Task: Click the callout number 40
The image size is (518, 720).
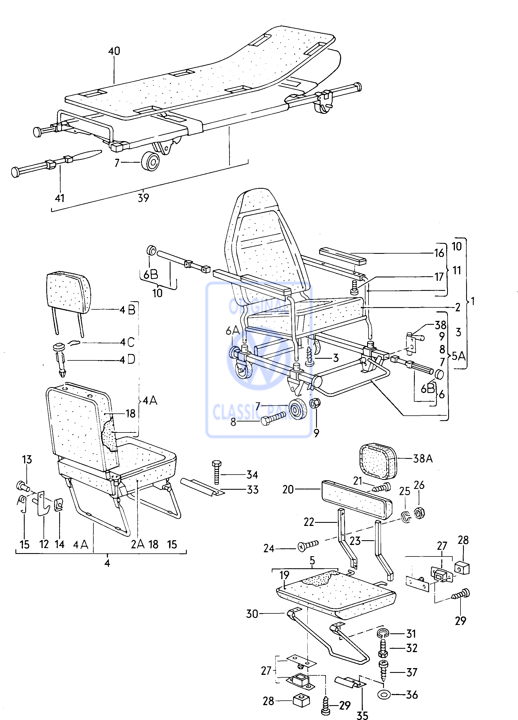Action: (x=114, y=51)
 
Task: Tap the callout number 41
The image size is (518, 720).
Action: (x=60, y=198)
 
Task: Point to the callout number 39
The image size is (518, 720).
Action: (x=143, y=198)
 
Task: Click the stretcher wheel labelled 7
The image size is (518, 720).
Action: (x=150, y=162)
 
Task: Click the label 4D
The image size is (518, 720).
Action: (x=127, y=360)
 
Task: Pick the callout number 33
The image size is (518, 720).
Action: (x=253, y=489)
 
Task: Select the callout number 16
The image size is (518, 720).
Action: (x=439, y=253)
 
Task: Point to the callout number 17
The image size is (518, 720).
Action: (x=439, y=277)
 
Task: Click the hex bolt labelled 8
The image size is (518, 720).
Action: (x=273, y=421)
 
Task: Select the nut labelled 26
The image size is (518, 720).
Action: (x=419, y=513)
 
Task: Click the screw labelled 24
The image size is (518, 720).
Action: (x=308, y=546)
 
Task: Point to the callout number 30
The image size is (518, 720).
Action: (x=252, y=614)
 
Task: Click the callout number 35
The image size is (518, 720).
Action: (x=362, y=715)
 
